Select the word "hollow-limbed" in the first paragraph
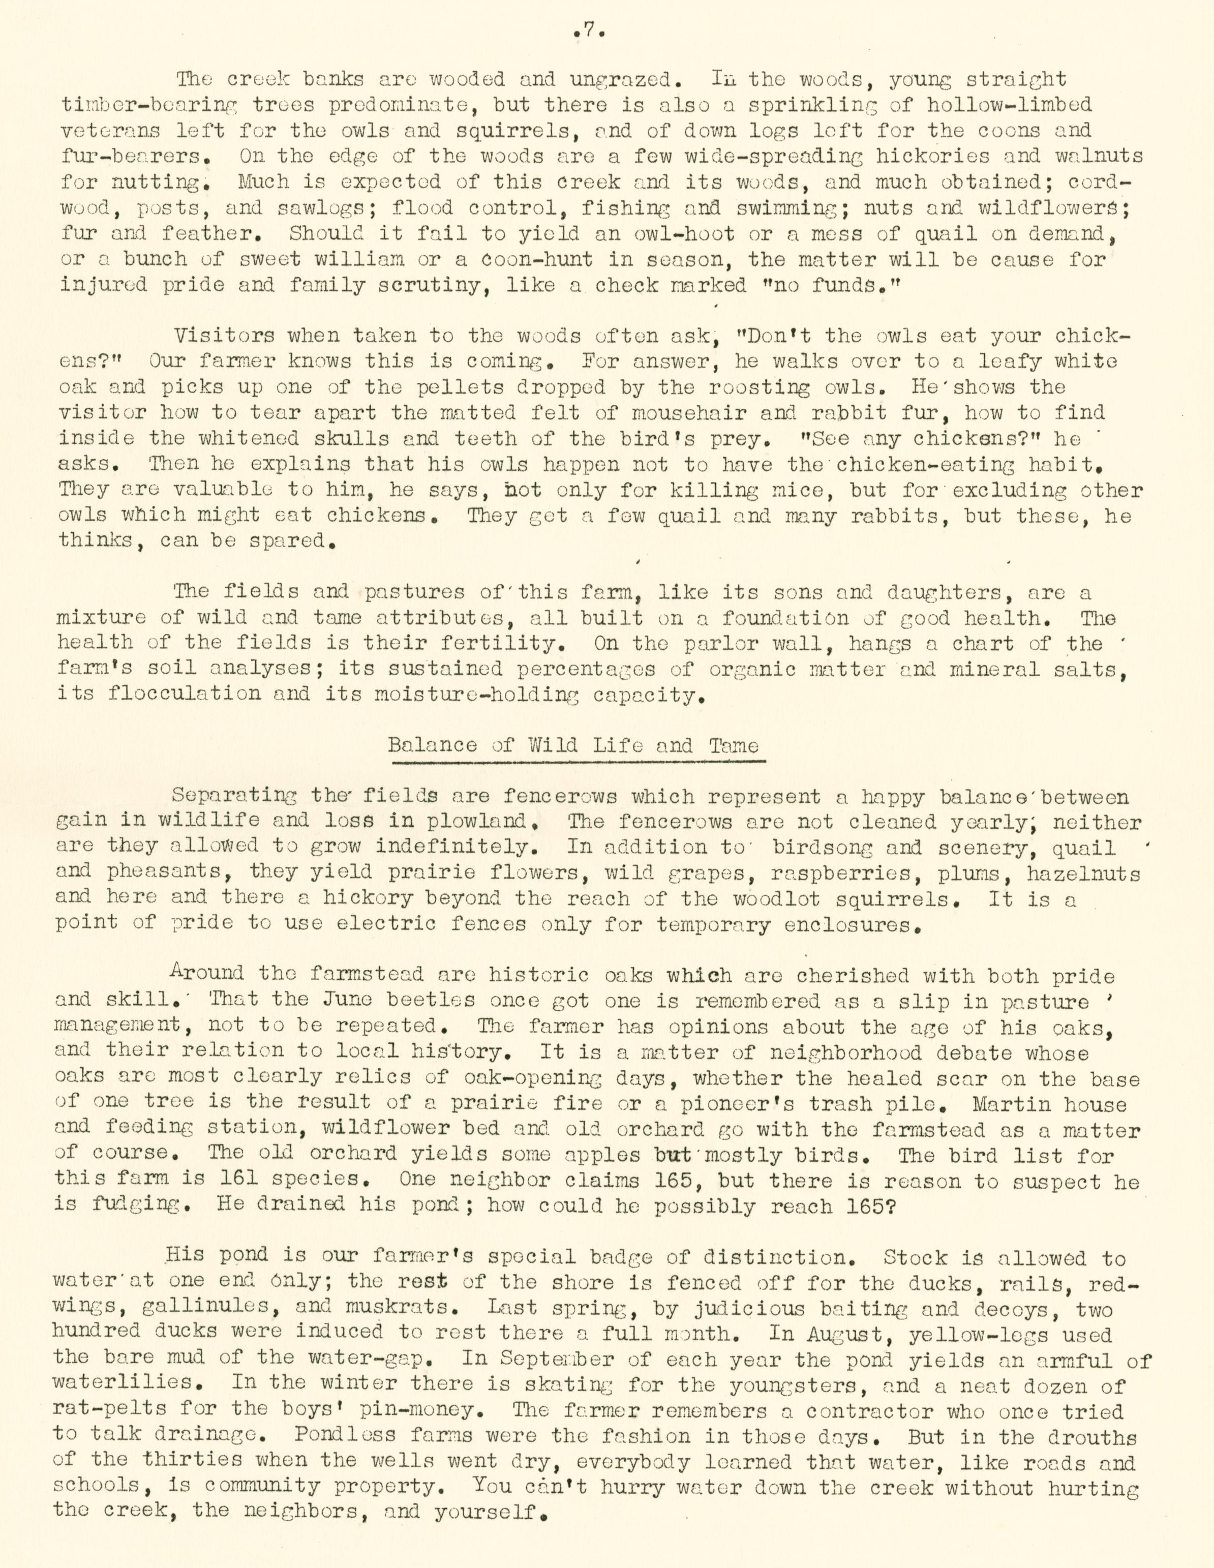1009,106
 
